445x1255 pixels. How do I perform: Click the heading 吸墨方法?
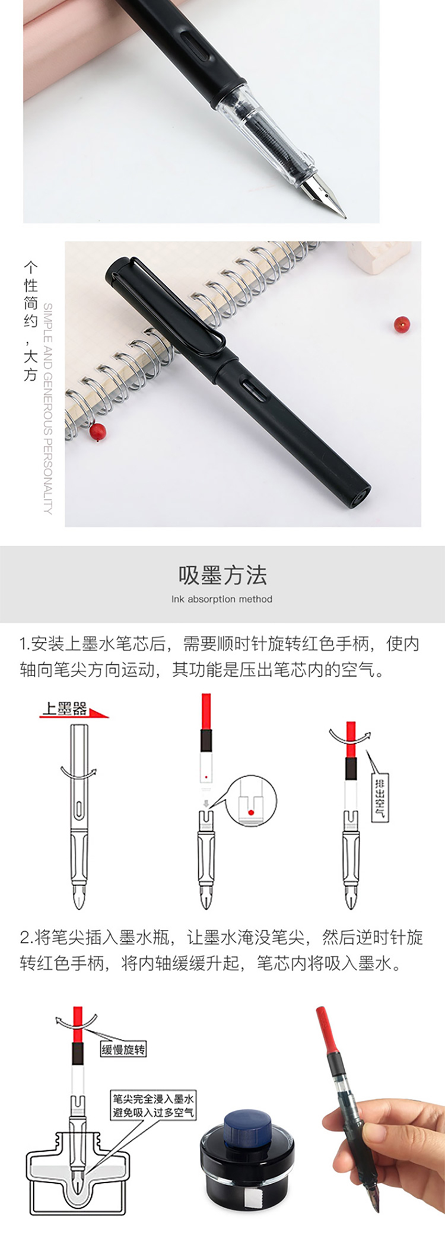pos(223,575)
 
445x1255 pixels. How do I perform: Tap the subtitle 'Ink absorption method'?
pos(222,599)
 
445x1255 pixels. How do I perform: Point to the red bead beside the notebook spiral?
pos(98,431)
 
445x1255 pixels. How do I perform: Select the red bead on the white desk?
pos(402,325)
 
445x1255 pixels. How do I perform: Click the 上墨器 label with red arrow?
pos(74,709)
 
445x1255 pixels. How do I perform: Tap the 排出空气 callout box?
pos(380,797)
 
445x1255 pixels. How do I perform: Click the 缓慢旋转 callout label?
pos(123,1049)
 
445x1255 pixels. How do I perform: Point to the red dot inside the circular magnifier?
pos(251,813)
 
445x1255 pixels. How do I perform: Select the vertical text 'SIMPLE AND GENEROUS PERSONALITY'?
pos(48,408)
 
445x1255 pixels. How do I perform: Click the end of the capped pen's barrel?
pos(360,496)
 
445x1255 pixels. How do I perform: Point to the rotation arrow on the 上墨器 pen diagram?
pos(78,773)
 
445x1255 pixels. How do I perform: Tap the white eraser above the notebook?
pos(379,256)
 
